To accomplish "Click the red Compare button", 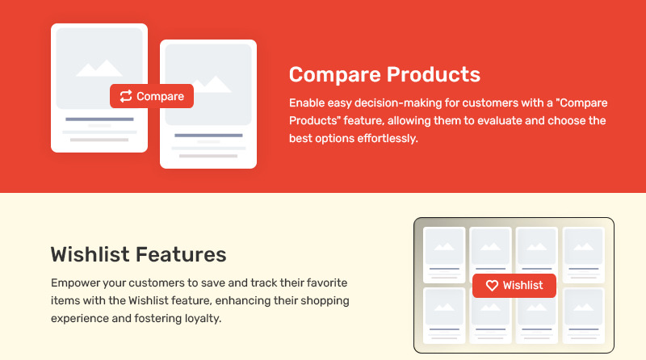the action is (152, 96).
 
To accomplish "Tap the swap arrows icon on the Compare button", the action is (126, 96).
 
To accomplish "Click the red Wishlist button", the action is (514, 286).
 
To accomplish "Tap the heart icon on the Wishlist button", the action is (492, 286).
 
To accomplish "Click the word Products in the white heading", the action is (434, 74).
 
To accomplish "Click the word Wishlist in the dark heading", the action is (90, 254).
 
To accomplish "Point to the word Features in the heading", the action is (181, 254).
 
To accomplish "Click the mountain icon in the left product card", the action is (99, 69).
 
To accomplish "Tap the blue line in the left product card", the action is (99, 119).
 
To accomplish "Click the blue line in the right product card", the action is (208, 136).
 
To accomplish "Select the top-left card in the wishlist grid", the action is (444, 254).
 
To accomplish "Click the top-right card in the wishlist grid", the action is (583, 254).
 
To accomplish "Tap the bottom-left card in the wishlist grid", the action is (444, 316).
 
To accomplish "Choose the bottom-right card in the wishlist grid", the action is (583, 316).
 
